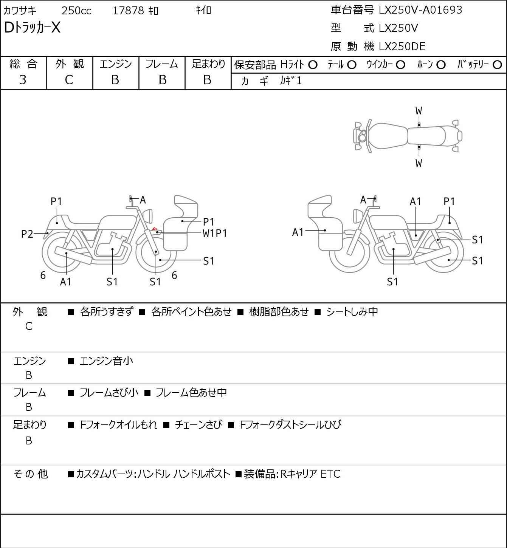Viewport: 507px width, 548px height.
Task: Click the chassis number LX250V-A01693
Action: pyautogui.click(x=420, y=10)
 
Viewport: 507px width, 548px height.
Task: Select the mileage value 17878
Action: pyautogui.click(x=129, y=11)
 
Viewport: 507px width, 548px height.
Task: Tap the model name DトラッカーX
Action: pyautogui.click(x=32, y=28)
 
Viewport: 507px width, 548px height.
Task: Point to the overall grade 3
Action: pyautogui.click(x=23, y=80)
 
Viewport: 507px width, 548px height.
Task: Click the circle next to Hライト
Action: pyautogui.click(x=313, y=65)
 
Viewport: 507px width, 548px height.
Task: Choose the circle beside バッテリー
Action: pyautogui.click(x=497, y=65)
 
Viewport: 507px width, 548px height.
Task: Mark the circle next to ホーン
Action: pyautogui.click(x=441, y=65)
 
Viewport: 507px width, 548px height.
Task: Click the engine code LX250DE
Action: pyautogui.click(x=402, y=46)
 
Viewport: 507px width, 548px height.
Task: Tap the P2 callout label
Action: pyautogui.click(x=27, y=234)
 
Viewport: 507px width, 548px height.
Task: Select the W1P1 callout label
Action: pyautogui.click(x=215, y=234)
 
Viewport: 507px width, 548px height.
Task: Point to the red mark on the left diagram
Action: pyautogui.click(x=155, y=229)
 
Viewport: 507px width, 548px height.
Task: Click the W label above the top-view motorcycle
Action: pyautogui.click(x=419, y=111)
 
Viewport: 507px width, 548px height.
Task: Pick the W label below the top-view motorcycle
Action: pyautogui.click(x=419, y=163)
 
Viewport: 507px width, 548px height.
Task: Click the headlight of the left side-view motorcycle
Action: pyautogui.click(x=148, y=216)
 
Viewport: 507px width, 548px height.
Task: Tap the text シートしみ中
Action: pyautogui.click(x=352, y=312)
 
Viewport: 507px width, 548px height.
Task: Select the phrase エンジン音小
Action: pyautogui.click(x=106, y=361)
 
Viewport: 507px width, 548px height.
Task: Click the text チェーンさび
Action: pyautogui.click(x=198, y=425)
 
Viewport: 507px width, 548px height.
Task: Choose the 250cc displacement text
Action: pyautogui.click(x=76, y=11)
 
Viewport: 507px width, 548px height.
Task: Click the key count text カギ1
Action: pyautogui.click(x=291, y=81)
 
